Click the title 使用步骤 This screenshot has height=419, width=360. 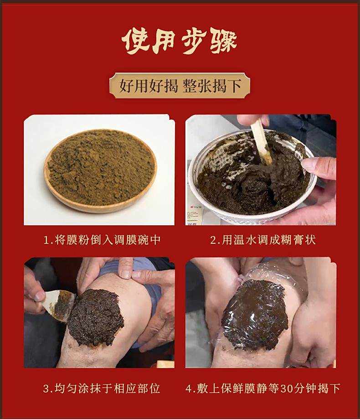(180, 41)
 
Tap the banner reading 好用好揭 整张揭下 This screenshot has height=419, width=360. (180, 86)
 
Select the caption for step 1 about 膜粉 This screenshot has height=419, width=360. (102, 240)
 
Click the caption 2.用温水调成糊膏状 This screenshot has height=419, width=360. (263, 240)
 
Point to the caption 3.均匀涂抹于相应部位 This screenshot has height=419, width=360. (102, 388)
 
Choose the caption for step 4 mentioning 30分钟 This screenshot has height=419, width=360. (263, 388)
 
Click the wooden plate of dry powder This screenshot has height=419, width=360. (100, 171)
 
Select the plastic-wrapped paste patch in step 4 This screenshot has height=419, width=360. (255, 315)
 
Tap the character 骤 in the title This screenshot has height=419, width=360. (223, 41)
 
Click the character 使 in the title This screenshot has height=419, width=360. (135, 41)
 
